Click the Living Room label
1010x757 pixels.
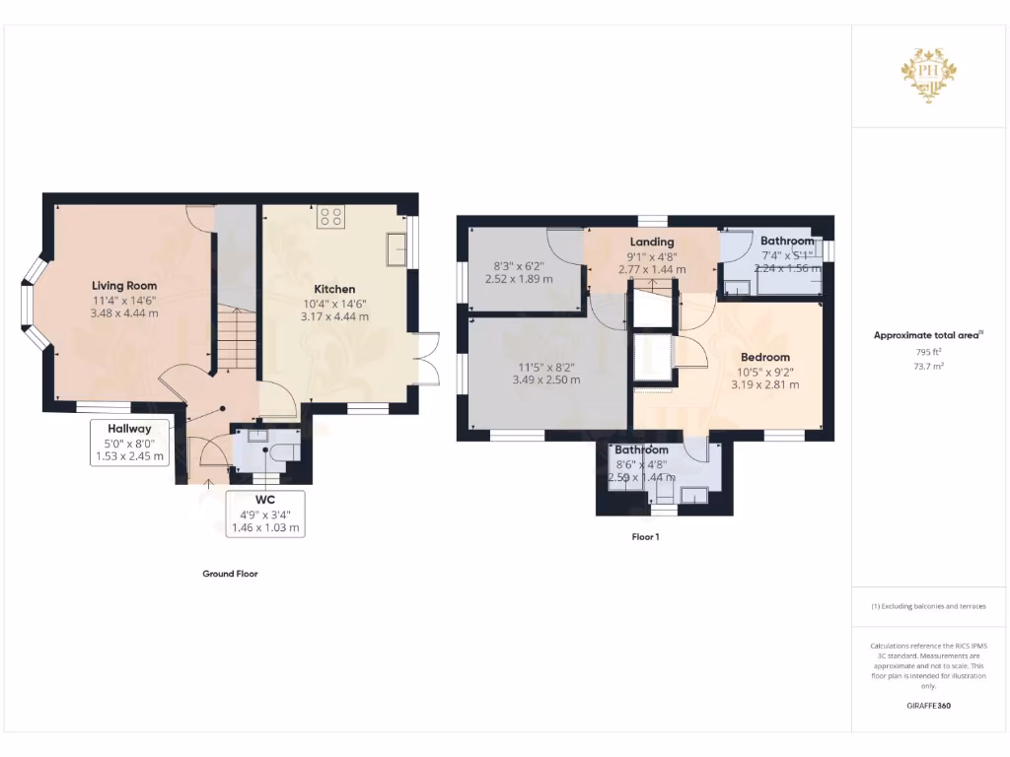(125, 286)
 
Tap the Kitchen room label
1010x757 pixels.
(334, 289)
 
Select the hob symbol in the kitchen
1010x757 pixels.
(330, 217)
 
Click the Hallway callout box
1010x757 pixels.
(130, 443)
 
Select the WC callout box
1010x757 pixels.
(264, 514)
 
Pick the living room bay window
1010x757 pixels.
(33, 304)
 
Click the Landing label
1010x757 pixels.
(652, 241)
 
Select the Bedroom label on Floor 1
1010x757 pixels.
(765, 357)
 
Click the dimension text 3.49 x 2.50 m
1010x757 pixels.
(546, 379)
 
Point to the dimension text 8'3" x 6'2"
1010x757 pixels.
(519, 266)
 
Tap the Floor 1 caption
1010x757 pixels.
(645, 538)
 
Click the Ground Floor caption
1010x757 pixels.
(230, 574)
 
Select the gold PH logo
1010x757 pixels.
(928, 75)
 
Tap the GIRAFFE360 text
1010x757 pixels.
(928, 706)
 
